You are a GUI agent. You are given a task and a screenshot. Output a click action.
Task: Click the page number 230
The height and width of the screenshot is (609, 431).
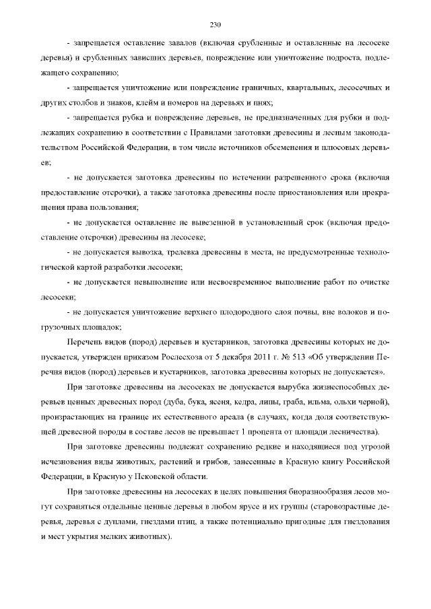pyautogui.click(x=215, y=26)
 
